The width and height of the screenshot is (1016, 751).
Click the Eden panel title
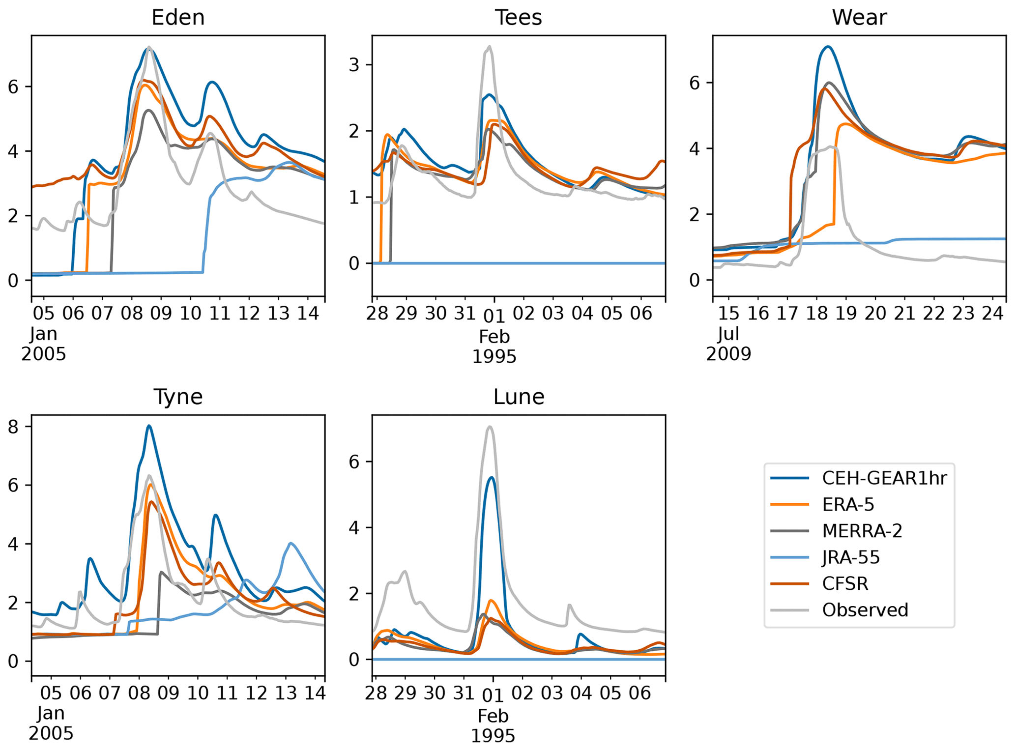point(178,18)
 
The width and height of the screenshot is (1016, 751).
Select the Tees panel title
point(518,18)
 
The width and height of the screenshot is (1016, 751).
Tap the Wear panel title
point(859,18)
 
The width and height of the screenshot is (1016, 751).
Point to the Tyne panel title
point(178,397)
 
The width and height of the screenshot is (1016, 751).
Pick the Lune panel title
point(519,397)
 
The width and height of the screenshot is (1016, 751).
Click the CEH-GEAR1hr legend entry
point(884,478)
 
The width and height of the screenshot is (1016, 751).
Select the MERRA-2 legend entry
point(862,531)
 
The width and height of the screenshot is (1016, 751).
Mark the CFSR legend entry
point(845,583)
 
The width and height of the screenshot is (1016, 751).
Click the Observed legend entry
point(865,610)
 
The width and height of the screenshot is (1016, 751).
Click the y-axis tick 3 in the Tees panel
point(354,65)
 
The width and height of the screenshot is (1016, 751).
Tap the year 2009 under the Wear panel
point(728,354)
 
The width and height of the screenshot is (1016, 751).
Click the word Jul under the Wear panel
point(728,334)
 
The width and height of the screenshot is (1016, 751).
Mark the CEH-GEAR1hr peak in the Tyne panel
point(149,426)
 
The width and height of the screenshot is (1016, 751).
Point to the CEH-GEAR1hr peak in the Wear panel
point(828,47)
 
